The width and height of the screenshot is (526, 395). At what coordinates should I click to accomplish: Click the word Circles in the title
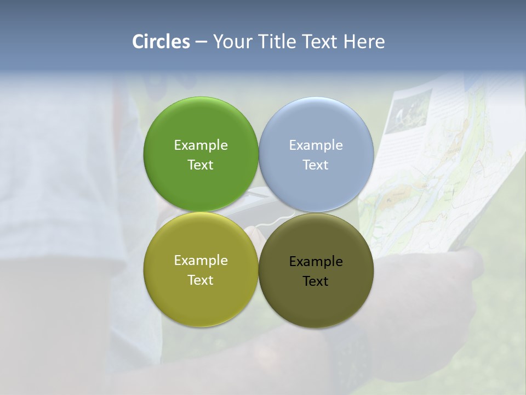point(161,42)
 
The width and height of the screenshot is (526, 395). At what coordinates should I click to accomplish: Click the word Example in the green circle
point(201,145)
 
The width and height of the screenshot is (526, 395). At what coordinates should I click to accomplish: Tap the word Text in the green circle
point(201,165)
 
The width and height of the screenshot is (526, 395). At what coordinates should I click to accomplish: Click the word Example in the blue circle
point(316,145)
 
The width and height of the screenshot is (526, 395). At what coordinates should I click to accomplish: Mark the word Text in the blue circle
point(316,165)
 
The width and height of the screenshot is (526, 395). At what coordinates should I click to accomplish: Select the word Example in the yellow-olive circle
point(201,260)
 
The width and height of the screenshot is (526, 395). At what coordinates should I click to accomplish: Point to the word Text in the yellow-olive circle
point(201,280)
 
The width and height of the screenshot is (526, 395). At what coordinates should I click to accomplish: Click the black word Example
point(316,261)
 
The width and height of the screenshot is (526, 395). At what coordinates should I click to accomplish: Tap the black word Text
point(316,281)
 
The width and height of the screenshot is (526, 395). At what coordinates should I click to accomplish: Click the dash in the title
point(201,42)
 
